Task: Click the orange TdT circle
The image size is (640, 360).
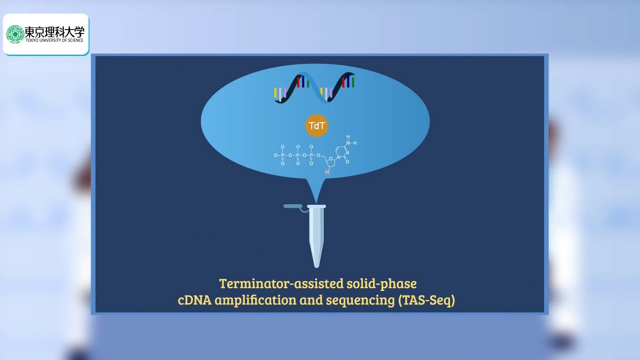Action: (317, 126)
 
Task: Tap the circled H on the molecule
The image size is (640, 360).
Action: (327, 171)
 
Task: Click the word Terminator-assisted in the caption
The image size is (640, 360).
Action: (281, 284)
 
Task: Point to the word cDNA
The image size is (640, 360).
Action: (194, 301)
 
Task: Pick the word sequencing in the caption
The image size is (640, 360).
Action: (359, 301)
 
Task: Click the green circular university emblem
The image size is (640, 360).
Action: (15, 34)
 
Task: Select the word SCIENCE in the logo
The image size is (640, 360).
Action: (74, 40)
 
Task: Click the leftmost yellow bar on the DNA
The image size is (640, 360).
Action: (275, 92)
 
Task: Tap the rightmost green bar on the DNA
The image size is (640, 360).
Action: (353, 82)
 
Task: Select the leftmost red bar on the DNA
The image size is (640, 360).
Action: (298, 81)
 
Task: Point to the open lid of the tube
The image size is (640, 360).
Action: (292, 206)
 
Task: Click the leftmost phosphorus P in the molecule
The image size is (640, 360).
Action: (282, 155)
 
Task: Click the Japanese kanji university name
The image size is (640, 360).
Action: (54, 32)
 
